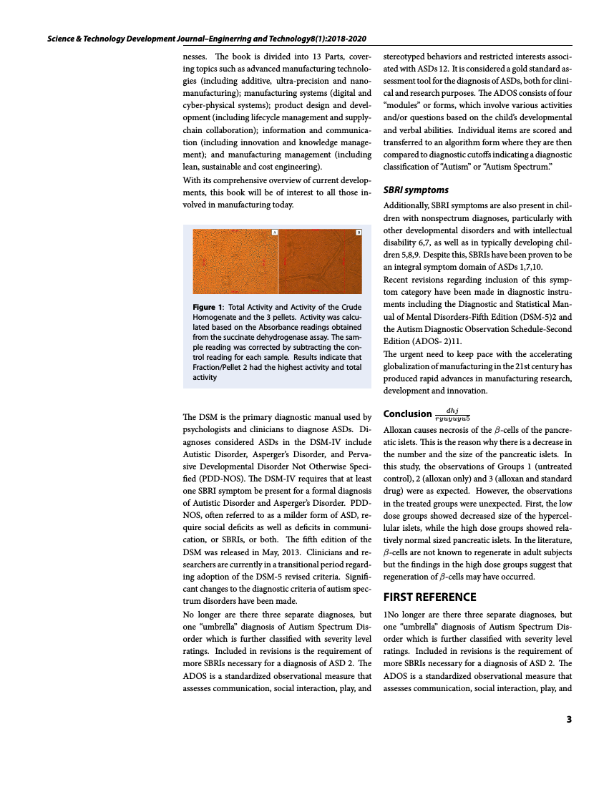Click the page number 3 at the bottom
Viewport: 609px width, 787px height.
pyautogui.click(x=569, y=720)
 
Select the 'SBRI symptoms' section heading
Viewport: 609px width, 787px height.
pyautogui.click(x=416, y=190)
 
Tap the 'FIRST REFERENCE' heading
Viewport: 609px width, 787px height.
pyautogui.click(x=429, y=597)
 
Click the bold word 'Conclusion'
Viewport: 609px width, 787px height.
pyautogui.click(x=407, y=414)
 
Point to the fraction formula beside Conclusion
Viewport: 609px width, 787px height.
pyautogui.click(x=452, y=414)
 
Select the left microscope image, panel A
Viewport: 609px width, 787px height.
pyautogui.click(x=235, y=260)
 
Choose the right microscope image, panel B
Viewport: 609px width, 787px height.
pyautogui.click(x=321, y=260)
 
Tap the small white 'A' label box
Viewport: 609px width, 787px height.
pyautogui.click(x=274, y=232)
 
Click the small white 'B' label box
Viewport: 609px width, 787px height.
pyautogui.click(x=359, y=232)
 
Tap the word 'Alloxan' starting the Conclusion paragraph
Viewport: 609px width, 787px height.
pyautogui.click(x=399, y=431)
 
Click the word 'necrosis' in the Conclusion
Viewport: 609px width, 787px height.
pyautogui.click(x=447, y=431)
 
